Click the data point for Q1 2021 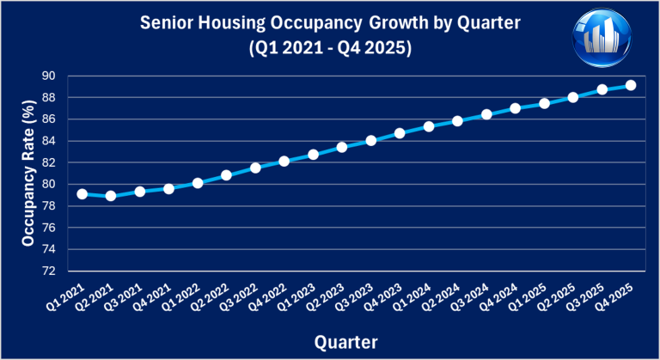pyautogui.click(x=82, y=194)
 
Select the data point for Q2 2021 pyautogui.click(x=111, y=196)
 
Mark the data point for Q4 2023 pyautogui.click(x=400, y=133)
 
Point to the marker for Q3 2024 pyautogui.click(x=486, y=114)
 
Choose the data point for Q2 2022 pyautogui.click(x=226, y=175)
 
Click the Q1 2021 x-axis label pyautogui.click(x=66, y=298)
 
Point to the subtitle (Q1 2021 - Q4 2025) pyautogui.click(x=329, y=50)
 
